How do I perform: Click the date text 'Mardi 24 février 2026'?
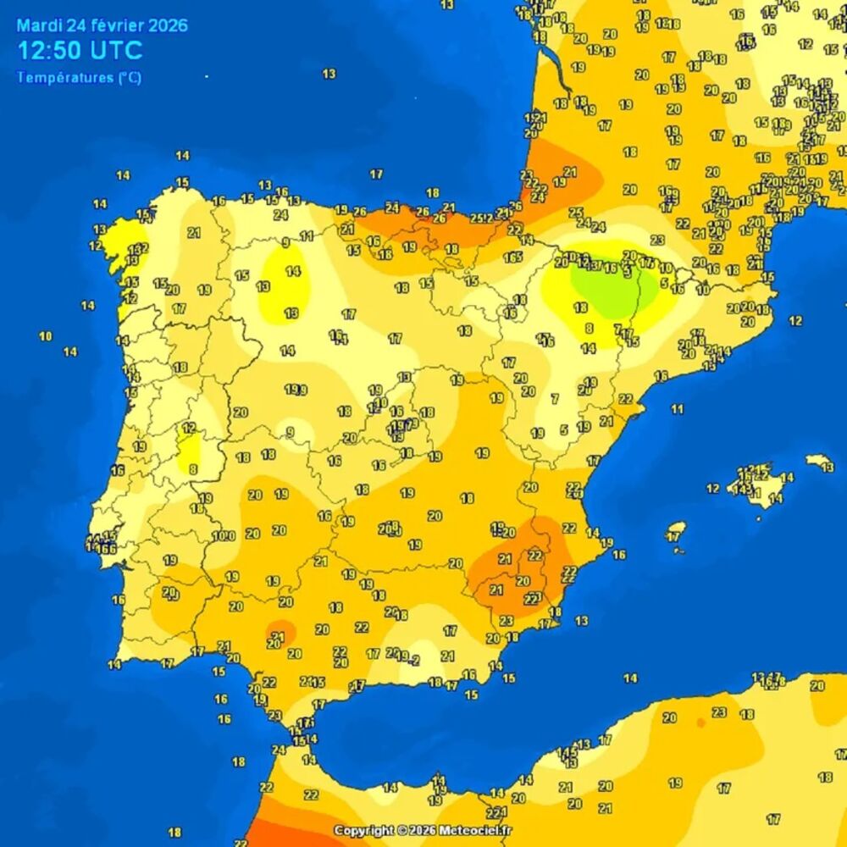pos(102,25)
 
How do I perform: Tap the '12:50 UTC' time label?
pos(80,51)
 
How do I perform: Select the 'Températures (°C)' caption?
pos(79,78)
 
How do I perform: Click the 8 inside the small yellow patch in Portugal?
pos(193,468)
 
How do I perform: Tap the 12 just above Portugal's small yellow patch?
pos(189,429)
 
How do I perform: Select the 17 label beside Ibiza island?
pos(674,537)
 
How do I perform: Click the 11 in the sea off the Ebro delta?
pos(677,409)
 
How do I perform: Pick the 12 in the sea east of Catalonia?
pos(794,321)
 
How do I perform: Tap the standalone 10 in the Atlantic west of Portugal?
pos(45,336)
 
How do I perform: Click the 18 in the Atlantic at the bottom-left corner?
pos(174,833)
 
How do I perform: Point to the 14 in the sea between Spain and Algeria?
pos(630,678)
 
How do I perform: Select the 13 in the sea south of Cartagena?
pos(581,621)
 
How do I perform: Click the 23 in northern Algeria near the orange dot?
pos(719,712)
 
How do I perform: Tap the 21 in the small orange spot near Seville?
pos(277,635)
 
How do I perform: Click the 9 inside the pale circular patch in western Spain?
pos(290,432)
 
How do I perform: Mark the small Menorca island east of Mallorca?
pos(820,462)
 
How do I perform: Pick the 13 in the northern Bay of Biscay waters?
pos(329,75)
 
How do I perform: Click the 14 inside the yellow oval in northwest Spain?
pos(293,272)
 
